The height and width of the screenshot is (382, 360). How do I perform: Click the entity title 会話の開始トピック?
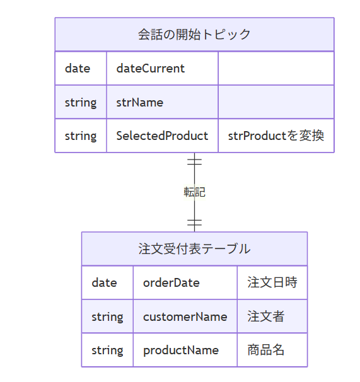tap(194, 34)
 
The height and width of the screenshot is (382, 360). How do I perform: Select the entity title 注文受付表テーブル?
tap(194, 249)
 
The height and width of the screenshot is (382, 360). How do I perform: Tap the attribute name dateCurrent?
tap(151, 68)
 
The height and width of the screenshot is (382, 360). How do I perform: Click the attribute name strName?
tap(140, 102)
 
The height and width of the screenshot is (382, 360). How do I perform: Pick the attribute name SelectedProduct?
tap(162, 136)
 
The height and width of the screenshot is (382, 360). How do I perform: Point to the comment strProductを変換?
tap(276, 136)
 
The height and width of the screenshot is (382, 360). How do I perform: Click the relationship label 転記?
tap(195, 192)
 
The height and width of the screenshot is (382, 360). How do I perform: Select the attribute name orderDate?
tap(171, 282)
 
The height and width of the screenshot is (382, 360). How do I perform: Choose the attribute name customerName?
tap(185, 316)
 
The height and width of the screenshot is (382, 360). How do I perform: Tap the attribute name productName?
tap(181, 350)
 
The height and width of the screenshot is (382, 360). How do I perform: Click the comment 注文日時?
tap(272, 282)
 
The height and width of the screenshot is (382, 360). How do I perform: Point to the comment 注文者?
tap(266, 316)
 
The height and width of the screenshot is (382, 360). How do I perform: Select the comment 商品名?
tap(266, 350)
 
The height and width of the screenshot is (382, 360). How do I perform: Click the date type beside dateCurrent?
tap(78, 68)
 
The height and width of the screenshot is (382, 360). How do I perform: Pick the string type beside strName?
tap(81, 103)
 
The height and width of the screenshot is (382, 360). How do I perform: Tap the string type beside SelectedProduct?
tap(81, 136)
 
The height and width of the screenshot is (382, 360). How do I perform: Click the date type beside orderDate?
tap(104, 282)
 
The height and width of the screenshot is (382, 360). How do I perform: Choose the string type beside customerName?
tap(107, 317)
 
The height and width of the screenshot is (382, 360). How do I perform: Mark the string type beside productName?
tap(107, 350)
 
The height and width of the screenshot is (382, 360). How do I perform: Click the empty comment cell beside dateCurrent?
tap(276, 68)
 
